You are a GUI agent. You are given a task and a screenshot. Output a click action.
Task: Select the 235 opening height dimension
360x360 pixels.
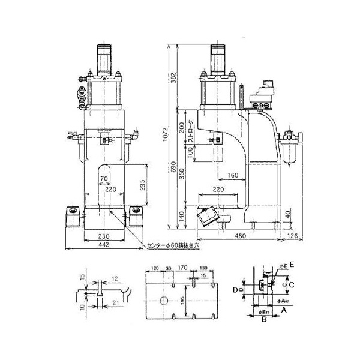click(x=142, y=184)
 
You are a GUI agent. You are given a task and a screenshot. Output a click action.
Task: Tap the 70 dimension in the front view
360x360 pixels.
click(x=104, y=179)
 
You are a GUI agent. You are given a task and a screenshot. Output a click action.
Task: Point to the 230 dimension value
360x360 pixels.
click(x=104, y=236)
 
